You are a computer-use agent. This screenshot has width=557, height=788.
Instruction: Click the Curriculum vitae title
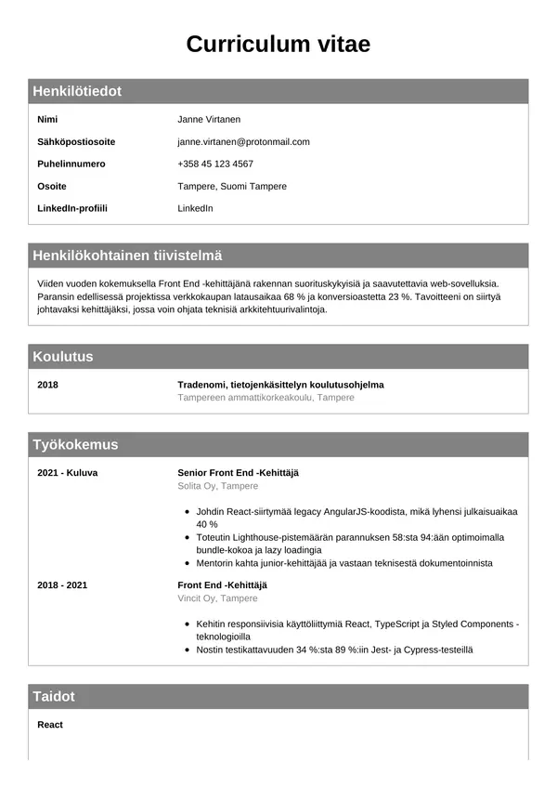[278, 44]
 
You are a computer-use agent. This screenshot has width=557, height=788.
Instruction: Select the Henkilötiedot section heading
[77, 91]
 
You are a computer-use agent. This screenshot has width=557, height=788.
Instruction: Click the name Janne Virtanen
[209, 120]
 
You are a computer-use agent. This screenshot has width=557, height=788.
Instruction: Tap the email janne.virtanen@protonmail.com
[243, 142]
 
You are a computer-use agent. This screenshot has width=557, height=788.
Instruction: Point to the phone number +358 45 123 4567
[215, 164]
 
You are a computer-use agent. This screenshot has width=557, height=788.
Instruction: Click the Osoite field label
[52, 187]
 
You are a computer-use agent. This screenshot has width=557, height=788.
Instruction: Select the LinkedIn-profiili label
[72, 209]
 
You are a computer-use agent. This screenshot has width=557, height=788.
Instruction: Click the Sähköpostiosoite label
[76, 142]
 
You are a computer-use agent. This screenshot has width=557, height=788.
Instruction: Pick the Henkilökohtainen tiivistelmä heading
[127, 256]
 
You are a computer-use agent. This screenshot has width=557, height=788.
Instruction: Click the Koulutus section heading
[63, 357]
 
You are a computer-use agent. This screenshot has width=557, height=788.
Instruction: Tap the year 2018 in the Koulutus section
[47, 385]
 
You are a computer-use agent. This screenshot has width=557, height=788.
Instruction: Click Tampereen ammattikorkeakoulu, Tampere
[266, 398]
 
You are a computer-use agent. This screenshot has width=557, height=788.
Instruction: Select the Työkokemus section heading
[75, 445]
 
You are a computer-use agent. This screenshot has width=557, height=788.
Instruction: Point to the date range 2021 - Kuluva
[67, 473]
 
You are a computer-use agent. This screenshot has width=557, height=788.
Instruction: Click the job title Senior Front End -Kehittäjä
[238, 473]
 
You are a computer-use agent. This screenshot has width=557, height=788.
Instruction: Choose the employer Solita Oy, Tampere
[217, 486]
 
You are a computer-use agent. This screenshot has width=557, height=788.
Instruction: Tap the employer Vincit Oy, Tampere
[217, 598]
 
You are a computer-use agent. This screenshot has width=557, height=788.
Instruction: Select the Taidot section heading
[54, 697]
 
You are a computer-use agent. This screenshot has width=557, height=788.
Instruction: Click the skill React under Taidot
[50, 725]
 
